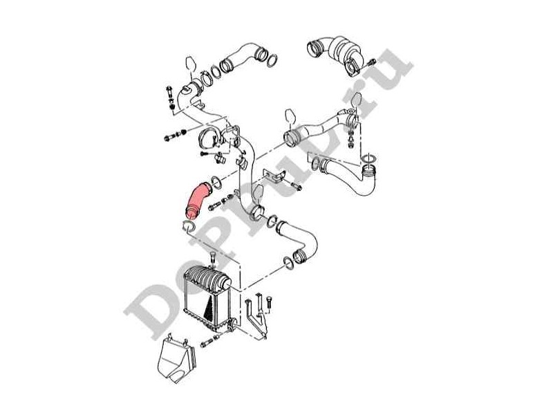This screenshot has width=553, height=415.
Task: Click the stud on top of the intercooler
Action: [212, 259]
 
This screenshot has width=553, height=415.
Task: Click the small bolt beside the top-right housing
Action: [371, 63]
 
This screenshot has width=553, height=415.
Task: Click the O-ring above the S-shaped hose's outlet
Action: [371, 160]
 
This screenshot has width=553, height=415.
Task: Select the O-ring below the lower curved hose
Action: [285, 263]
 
